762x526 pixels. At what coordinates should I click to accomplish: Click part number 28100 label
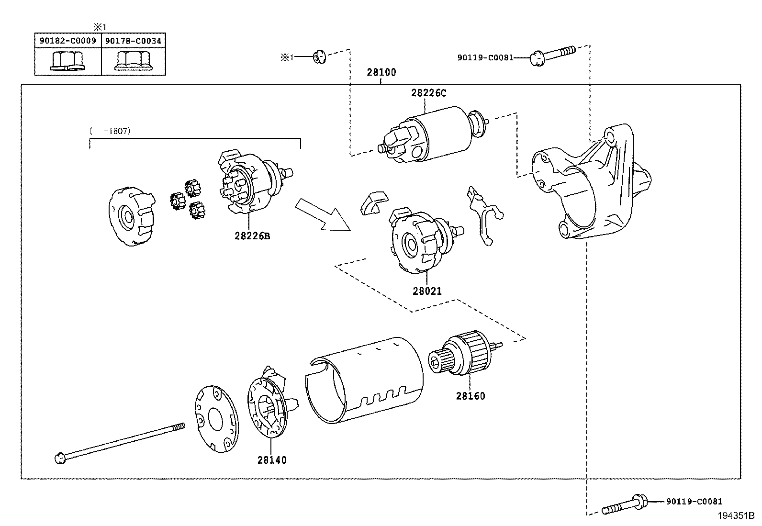tap(381, 73)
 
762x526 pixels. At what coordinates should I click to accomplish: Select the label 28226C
tap(428, 93)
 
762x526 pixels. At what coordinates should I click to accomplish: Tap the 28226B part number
tap(252, 236)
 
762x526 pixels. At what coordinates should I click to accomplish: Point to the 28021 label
tap(427, 291)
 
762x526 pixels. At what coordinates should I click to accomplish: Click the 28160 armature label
tap(470, 396)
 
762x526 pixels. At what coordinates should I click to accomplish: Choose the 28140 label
tap(272, 460)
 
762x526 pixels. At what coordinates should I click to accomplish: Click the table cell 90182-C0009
tap(67, 41)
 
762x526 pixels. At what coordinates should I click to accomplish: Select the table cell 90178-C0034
tap(134, 41)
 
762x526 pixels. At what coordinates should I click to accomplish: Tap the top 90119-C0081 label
tap(485, 58)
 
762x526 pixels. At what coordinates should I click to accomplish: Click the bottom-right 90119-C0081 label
tap(694, 502)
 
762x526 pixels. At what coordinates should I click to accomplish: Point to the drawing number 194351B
tap(735, 516)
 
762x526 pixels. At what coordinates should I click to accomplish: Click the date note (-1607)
tap(110, 130)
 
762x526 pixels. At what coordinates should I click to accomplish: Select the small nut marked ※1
tap(318, 57)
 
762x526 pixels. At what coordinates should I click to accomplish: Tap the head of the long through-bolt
tap(60, 458)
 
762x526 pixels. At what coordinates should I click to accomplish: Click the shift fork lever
tap(484, 216)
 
